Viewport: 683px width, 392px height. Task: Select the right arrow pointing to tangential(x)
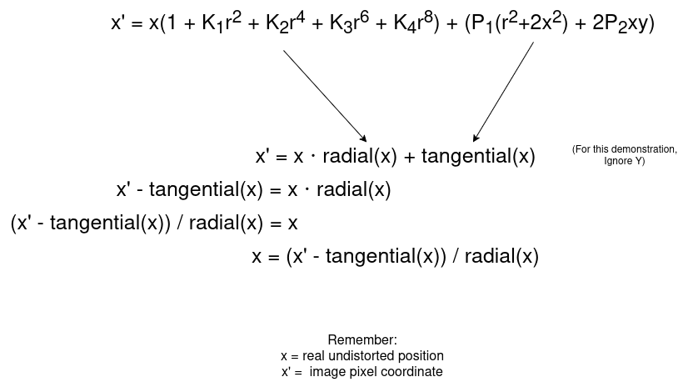503,93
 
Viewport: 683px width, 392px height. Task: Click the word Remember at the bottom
362,340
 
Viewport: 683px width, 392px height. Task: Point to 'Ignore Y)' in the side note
624,160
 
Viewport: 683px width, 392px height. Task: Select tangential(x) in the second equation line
478,157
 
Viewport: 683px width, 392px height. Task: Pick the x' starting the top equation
118,23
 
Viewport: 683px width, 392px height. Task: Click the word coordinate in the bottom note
414,371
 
